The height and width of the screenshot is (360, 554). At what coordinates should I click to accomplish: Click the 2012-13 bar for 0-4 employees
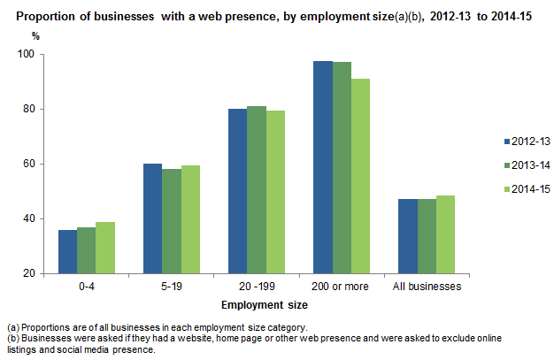(x=67, y=251)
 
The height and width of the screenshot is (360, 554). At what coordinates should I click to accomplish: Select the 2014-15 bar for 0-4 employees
(x=105, y=248)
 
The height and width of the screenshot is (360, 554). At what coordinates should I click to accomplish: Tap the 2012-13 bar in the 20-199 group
(x=238, y=191)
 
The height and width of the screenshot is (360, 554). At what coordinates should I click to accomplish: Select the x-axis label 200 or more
(x=341, y=287)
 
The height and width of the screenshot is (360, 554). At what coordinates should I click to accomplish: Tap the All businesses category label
(x=426, y=287)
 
